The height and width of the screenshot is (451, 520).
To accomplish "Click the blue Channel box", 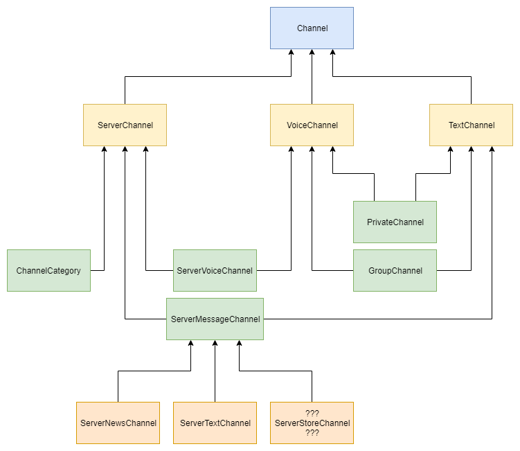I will tap(312, 28).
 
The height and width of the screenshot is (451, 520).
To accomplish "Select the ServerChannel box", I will tap(125, 125).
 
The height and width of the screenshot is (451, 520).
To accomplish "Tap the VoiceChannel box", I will tap(312, 125).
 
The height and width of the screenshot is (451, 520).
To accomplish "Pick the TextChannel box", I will tap(471, 125).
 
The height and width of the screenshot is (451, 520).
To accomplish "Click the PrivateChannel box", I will tap(395, 222).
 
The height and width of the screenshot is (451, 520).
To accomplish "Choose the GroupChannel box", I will tap(395, 270).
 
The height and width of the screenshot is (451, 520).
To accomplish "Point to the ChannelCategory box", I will tap(48, 270).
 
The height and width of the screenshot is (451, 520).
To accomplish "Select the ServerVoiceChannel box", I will tap(215, 270).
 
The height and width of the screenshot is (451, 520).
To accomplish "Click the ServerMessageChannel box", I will tap(215, 319).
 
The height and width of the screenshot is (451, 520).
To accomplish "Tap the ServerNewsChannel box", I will tap(118, 423).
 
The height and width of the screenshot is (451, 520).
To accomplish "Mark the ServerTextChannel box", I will tap(215, 423).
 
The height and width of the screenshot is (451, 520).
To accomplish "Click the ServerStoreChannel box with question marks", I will tap(312, 423).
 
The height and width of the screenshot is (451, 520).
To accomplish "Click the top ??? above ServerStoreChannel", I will tap(312, 414).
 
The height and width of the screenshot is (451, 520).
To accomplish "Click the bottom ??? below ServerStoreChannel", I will tap(312, 432).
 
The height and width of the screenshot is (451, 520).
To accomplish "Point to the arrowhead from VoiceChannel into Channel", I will tap(312, 53).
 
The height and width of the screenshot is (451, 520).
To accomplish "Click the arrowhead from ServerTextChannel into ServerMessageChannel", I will tap(215, 344).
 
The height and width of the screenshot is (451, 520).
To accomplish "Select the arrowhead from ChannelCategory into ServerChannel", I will tap(104, 150).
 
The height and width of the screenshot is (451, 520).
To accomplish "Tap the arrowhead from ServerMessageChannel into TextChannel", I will tap(492, 150).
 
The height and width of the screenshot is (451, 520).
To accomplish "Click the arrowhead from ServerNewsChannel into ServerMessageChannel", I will tap(190, 344).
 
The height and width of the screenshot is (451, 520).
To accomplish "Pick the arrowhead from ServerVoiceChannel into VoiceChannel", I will tap(291, 150).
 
